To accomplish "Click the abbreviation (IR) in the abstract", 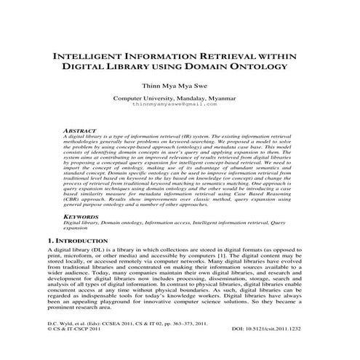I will (x=191, y=136).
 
